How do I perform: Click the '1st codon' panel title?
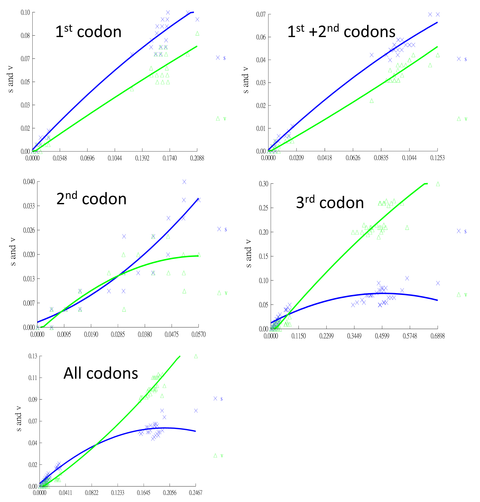point(88,32)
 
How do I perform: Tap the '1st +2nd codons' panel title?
point(341,32)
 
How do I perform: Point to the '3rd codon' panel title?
point(330,202)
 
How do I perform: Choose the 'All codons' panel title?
point(101,373)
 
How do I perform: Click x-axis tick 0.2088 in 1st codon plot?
point(197,158)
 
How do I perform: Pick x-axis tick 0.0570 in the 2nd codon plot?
point(199,335)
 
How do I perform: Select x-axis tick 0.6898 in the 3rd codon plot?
point(438,336)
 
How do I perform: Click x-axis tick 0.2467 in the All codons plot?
point(196,493)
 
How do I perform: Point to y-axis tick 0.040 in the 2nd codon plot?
point(29,182)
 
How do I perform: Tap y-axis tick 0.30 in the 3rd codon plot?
point(263,184)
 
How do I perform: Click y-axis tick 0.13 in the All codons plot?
point(33,356)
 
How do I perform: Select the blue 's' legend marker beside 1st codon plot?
point(218,58)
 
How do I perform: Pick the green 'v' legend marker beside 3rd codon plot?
point(459,295)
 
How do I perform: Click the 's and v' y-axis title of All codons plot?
point(19,418)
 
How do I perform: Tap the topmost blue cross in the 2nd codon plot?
point(184,182)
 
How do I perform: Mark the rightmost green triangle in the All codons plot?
point(196,356)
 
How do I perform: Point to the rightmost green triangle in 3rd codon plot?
point(438,184)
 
